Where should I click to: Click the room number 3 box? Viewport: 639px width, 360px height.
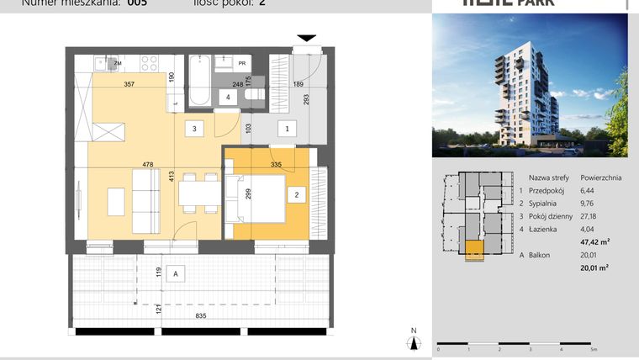pos(194,129)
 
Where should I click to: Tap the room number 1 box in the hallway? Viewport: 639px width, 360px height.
pos(287,129)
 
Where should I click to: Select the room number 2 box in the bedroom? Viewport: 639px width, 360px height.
pos(296,195)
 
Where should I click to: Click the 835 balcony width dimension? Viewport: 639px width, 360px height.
pos(200,315)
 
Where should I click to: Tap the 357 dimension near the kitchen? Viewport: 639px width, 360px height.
pos(129,84)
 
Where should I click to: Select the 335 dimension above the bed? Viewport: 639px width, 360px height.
pos(275,166)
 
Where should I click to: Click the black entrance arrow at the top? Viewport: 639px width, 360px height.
pos(307,37)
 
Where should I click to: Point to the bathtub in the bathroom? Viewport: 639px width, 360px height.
pos(198,82)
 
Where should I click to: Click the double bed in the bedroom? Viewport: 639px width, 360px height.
pos(256,199)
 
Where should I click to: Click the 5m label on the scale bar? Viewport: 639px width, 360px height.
pos(594,349)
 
